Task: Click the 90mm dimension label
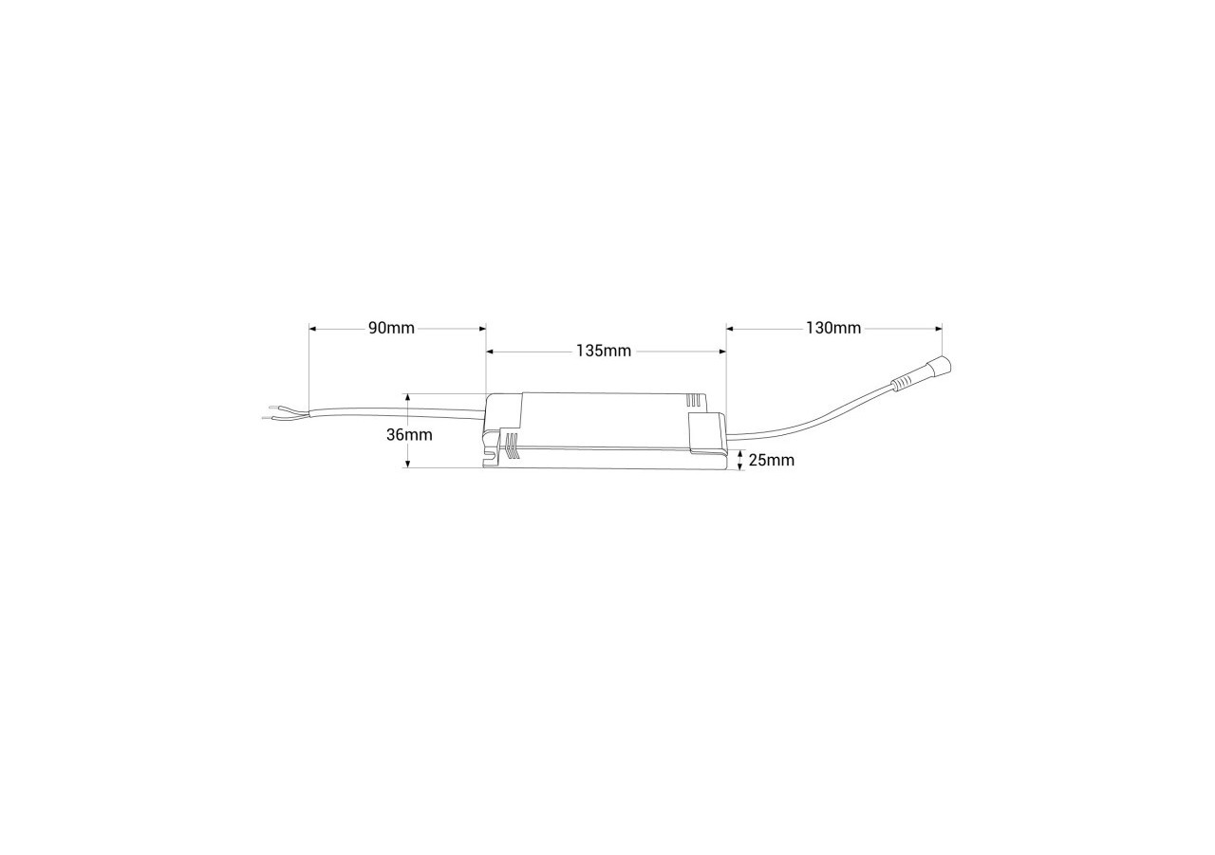391,329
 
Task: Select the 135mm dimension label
604,351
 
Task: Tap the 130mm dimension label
833,329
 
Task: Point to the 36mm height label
409,435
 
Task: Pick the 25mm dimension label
771,461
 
